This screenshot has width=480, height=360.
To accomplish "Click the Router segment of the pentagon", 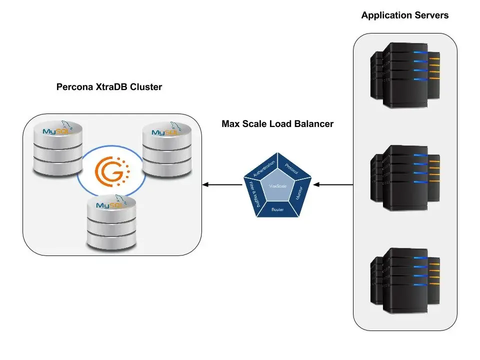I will coord(277,209).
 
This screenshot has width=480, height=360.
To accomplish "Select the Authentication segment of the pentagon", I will coord(263,170).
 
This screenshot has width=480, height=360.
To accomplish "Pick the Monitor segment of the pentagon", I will coord(299,191).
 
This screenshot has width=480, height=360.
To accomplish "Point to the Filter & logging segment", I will coord(253,193).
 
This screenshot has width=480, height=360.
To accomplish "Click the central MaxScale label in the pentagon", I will coord(277,186).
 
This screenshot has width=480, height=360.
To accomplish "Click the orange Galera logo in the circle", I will coord(113,170).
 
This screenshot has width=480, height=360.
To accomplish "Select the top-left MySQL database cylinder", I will coord(56,147).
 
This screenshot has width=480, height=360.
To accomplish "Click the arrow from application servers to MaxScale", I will coord(333,185).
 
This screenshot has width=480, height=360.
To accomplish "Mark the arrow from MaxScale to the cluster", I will coord(222,185).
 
